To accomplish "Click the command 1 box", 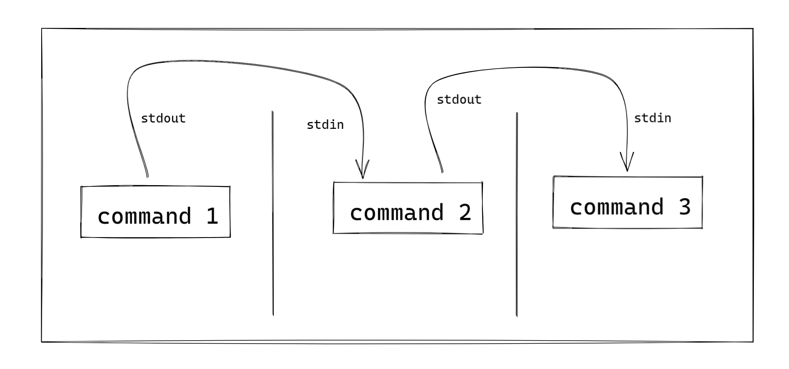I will click(x=155, y=212).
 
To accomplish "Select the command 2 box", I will click(x=408, y=208).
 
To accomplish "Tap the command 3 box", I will click(x=628, y=202).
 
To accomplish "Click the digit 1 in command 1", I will click(x=212, y=216).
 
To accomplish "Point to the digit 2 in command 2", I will click(x=465, y=213).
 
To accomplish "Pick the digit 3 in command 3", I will click(x=685, y=207).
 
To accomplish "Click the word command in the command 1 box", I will click(x=144, y=216).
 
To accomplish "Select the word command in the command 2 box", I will click(x=397, y=213).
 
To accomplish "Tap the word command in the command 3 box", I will click(x=616, y=207).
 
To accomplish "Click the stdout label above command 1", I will click(x=163, y=119).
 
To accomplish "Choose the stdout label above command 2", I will click(x=459, y=100).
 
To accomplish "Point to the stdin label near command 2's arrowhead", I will click(x=325, y=125).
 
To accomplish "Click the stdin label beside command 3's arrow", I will click(x=652, y=118).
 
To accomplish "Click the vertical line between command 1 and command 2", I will click(x=273, y=215).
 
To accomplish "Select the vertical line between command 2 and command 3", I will click(x=516, y=215).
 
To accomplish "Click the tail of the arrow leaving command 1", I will click(x=147, y=174).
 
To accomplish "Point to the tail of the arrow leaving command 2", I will click(x=442, y=170).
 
